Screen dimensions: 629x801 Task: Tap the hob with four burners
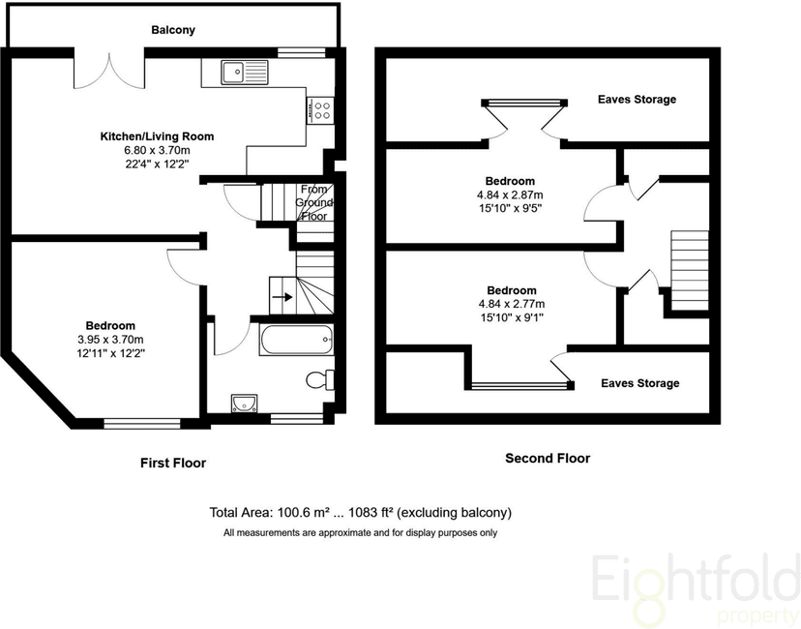click(320, 110)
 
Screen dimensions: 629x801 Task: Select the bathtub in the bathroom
click(298, 341)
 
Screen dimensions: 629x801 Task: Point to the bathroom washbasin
click(242, 404)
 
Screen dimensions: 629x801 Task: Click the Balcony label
click(173, 30)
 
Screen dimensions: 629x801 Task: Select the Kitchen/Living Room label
click(157, 136)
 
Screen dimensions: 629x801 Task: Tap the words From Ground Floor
click(315, 202)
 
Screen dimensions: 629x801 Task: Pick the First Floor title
click(173, 463)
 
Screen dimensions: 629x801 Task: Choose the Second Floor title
click(548, 458)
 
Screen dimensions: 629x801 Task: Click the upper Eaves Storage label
click(637, 100)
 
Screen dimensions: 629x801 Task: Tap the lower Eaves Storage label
click(639, 383)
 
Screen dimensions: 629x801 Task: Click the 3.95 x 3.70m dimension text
click(109, 340)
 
